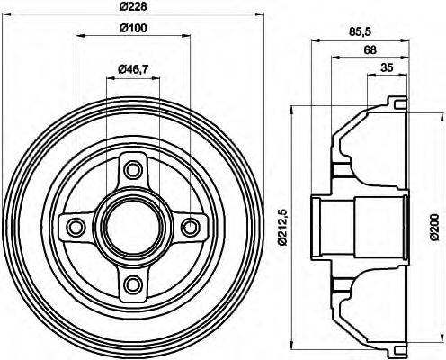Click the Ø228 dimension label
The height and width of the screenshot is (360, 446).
[133, 9]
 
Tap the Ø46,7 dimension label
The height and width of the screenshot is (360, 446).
[133, 70]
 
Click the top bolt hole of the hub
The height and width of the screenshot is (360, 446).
[133, 167]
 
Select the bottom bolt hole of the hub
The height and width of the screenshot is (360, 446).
[133, 285]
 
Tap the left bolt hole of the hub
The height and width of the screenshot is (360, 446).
[75, 226]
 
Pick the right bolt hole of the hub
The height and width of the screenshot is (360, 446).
[192, 226]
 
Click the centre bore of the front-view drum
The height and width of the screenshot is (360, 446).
[133, 226]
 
